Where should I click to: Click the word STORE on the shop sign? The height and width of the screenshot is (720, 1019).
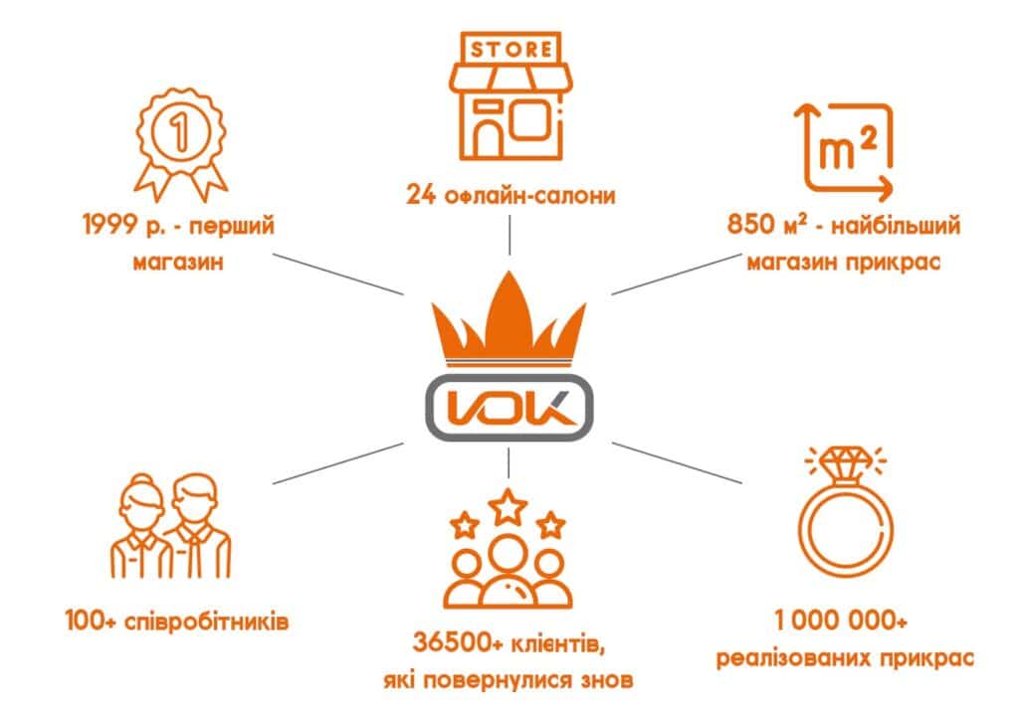point(511,50)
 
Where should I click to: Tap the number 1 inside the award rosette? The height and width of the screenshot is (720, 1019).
point(180,132)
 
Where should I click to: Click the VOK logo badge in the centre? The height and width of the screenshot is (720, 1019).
point(509,408)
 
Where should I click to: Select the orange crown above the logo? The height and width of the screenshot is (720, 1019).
point(509,319)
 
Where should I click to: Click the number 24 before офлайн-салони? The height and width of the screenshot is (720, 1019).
point(420,195)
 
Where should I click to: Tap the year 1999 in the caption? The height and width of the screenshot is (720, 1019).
point(110,226)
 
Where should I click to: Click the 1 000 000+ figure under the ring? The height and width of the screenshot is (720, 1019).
point(841,622)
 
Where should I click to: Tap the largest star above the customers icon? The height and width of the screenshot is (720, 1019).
point(508,507)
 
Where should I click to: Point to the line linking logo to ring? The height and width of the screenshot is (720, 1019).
point(677,462)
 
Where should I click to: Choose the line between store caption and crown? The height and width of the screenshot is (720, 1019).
point(509,235)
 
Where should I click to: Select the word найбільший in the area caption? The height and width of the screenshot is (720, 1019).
point(896,225)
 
